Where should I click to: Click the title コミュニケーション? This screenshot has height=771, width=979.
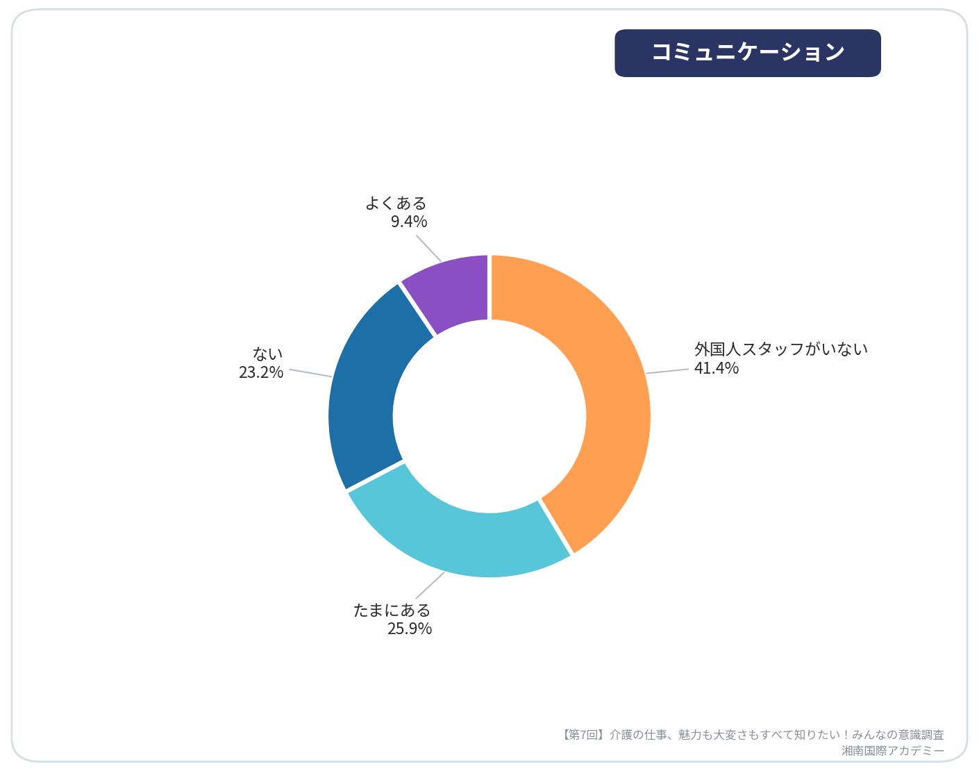coord(748,52)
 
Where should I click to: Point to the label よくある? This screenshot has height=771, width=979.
coord(396,203)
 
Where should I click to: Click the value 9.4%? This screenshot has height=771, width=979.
coord(409,222)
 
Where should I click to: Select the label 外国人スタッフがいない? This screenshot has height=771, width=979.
coord(781,349)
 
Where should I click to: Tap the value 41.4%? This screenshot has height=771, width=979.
coord(717,367)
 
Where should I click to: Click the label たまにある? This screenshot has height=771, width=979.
coord(392,610)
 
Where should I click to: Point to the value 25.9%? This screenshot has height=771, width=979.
coord(410,629)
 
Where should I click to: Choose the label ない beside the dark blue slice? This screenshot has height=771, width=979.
coord(267,354)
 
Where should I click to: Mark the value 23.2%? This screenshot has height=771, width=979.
coord(261,372)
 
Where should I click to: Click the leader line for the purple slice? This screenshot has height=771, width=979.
coord(429,249)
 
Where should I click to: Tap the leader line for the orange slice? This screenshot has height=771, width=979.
coord(667,372)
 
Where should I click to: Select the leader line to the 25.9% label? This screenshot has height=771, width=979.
coord(430,586)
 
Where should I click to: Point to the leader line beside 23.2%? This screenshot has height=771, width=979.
coord(310,373)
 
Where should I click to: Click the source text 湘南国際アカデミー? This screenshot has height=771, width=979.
coord(893,751)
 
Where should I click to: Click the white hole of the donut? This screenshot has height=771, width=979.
coord(489,417)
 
